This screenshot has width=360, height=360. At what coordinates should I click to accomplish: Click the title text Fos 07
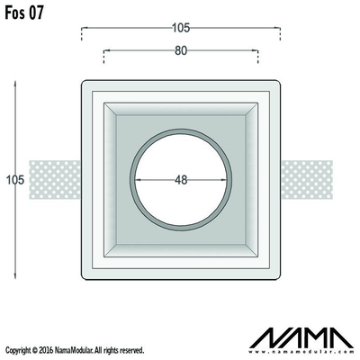click(24, 13)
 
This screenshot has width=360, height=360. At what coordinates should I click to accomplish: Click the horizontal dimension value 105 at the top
click(181, 28)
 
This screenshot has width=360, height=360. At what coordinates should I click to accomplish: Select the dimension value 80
click(181, 51)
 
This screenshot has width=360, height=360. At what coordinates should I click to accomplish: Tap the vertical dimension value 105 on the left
click(15, 180)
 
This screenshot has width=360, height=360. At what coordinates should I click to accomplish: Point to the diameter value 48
click(181, 180)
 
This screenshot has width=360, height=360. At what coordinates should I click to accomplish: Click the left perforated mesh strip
click(55, 180)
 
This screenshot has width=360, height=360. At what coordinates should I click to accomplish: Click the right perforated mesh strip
click(307, 180)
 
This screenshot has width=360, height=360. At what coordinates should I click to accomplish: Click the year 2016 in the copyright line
click(47, 350)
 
